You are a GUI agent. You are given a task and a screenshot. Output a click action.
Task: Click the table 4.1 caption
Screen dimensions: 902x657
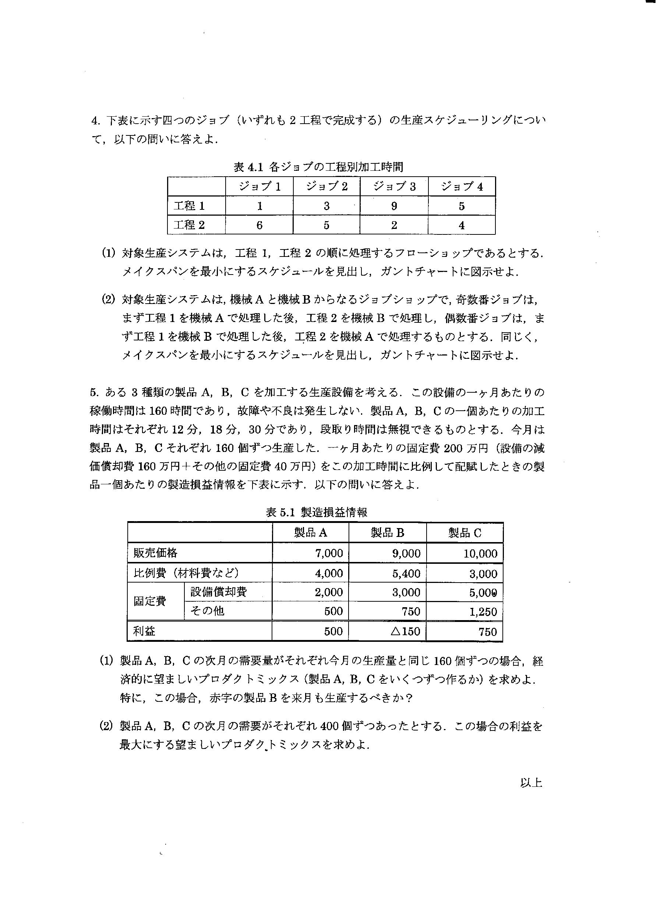pos(318,167)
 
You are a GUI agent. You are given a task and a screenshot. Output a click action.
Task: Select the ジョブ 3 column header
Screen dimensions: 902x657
pos(394,186)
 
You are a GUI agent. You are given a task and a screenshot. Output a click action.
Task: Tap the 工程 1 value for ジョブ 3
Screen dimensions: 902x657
pos(394,206)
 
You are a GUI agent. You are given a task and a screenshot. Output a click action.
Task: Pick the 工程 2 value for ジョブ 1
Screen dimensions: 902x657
pos(259,225)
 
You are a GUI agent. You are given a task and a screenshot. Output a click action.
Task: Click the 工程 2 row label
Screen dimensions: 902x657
pos(189,225)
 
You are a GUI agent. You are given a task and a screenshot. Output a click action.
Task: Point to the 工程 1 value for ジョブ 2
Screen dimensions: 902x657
pos(326,206)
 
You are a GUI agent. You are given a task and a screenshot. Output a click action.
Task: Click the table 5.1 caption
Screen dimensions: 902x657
pos(316,512)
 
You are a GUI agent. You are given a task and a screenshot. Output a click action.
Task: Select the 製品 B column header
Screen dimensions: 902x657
pos(387,533)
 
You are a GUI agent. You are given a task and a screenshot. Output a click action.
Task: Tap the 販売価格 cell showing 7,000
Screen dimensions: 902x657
pos(329,553)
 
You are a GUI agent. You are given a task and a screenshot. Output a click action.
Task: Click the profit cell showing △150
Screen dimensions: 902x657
pos(405,631)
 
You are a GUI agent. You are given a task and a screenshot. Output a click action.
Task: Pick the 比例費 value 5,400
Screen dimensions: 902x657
pos(406,573)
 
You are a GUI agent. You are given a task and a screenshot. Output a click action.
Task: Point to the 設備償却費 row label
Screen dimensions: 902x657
pos(218,592)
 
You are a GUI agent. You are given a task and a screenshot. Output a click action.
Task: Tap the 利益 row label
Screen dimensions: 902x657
pos(144,631)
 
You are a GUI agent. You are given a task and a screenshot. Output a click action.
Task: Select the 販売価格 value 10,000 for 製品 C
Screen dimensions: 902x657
pos(480,553)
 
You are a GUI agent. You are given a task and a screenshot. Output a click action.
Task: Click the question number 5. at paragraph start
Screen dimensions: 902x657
pos(94,393)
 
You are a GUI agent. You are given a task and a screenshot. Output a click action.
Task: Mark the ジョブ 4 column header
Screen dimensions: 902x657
pos(462,186)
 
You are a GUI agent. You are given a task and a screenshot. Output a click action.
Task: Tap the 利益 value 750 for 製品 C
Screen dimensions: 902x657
pos(488,632)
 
